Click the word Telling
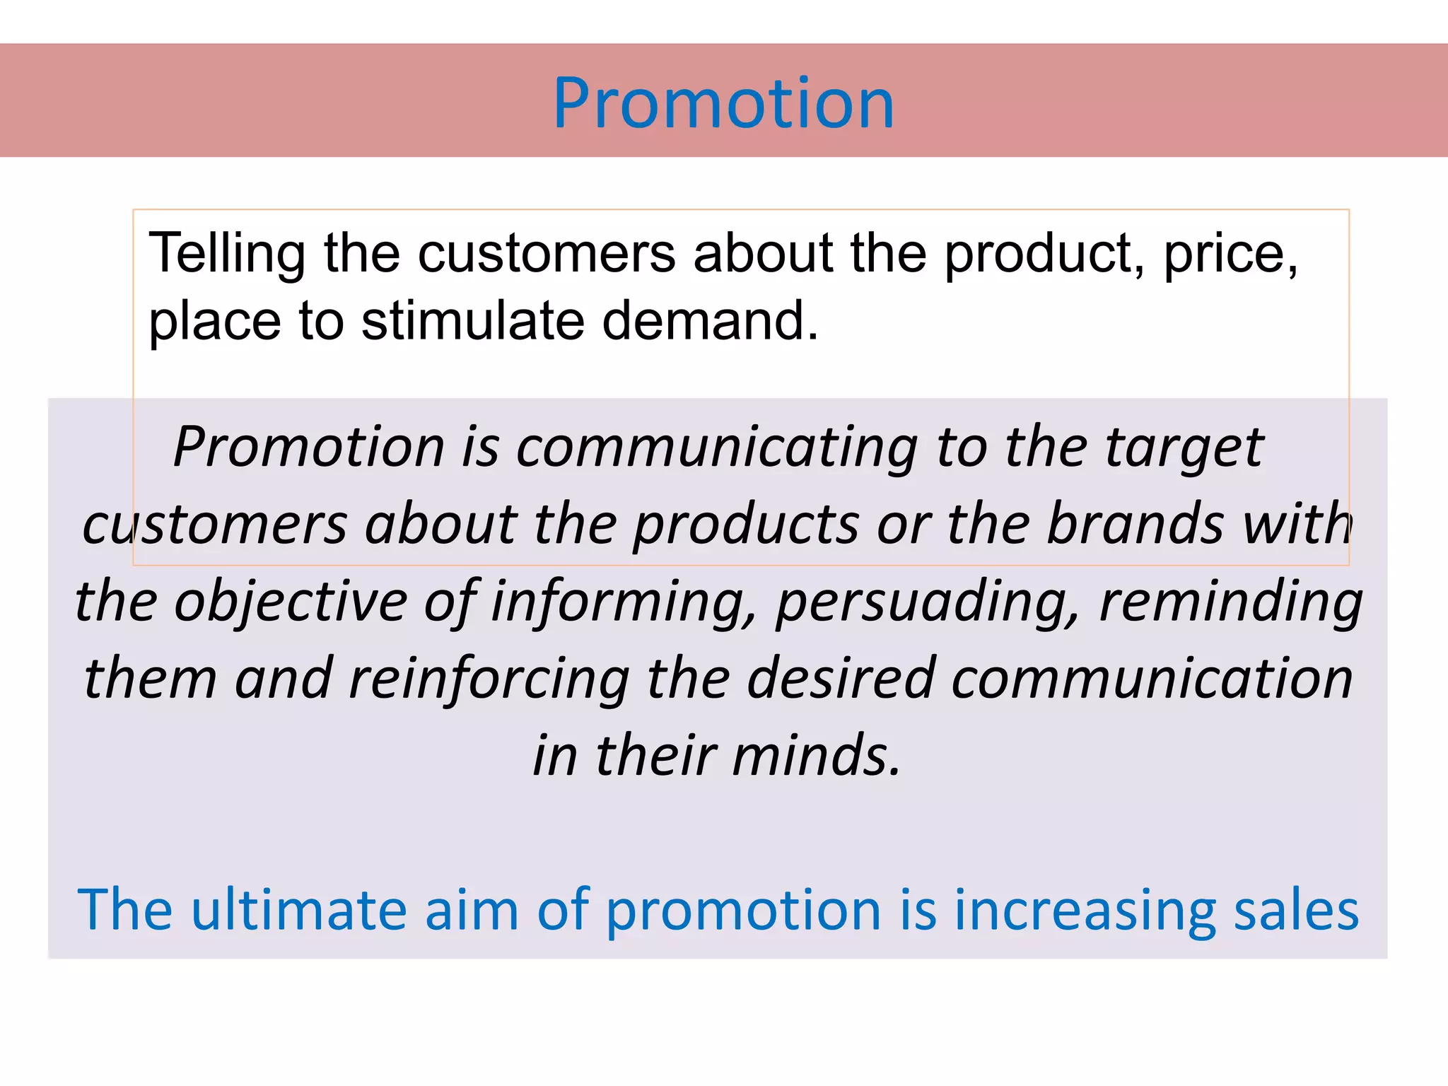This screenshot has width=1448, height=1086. (226, 253)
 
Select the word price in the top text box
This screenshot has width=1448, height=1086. (1229, 253)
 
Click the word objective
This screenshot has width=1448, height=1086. (290, 602)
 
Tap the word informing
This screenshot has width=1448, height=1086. (623, 602)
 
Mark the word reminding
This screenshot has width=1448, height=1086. (1230, 602)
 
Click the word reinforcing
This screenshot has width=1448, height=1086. (489, 679)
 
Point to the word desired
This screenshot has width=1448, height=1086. (841, 679)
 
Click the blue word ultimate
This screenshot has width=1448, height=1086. (298, 910)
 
